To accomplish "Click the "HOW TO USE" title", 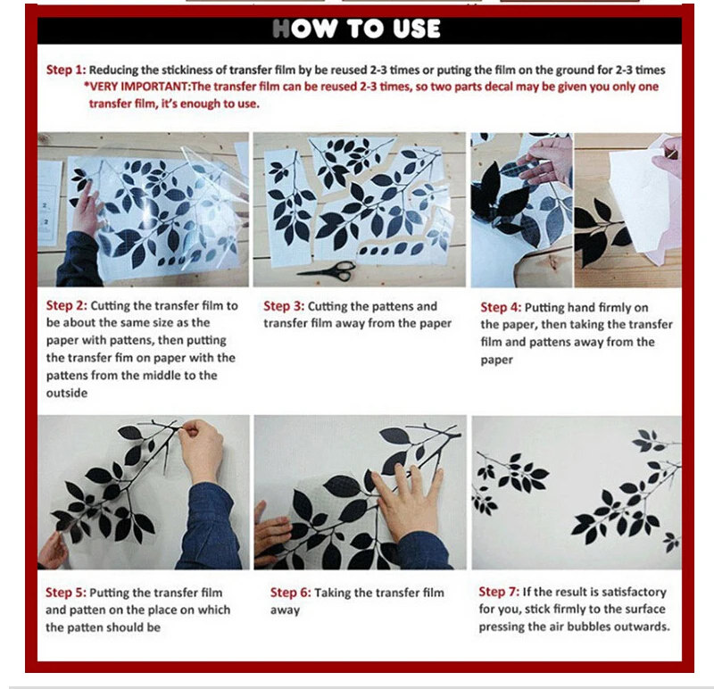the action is [356, 29].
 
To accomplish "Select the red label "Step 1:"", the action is [65, 70].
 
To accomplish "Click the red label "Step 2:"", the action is [66, 305].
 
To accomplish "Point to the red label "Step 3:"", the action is [284, 306].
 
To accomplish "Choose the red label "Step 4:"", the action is [501, 307].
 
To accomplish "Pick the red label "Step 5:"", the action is [65, 593].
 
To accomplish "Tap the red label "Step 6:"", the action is [291, 593].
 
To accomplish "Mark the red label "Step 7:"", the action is [499, 592].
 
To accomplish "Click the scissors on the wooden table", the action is [327, 270].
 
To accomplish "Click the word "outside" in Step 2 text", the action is [66, 393].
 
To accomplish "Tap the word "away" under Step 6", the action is [285, 610].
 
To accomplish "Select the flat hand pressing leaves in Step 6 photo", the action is [406, 497].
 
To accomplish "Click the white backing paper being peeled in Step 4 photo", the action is [637, 201].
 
